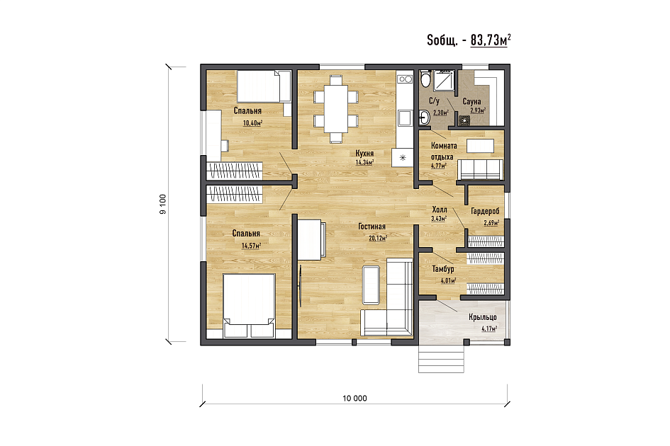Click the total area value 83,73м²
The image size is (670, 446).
(491, 40)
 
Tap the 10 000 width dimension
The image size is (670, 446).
(354, 398)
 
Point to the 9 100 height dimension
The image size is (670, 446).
(163, 204)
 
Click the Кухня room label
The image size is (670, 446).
(364, 153)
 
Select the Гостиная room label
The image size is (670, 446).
(372, 227)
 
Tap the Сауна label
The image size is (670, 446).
(471, 101)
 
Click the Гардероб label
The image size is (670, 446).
(485, 211)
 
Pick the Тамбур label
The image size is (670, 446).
(443, 269)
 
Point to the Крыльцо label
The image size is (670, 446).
(483, 317)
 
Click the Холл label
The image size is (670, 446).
(440, 210)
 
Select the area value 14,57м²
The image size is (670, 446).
(251, 246)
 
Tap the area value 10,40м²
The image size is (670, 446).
(252, 123)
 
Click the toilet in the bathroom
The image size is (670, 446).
(425, 79)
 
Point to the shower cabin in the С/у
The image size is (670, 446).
(445, 81)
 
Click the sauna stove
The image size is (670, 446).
(464, 121)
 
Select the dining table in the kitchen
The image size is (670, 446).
(336, 109)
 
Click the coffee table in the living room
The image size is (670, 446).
(371, 285)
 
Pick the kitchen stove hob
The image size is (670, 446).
(405, 79)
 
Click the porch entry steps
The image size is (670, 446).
(441, 358)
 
